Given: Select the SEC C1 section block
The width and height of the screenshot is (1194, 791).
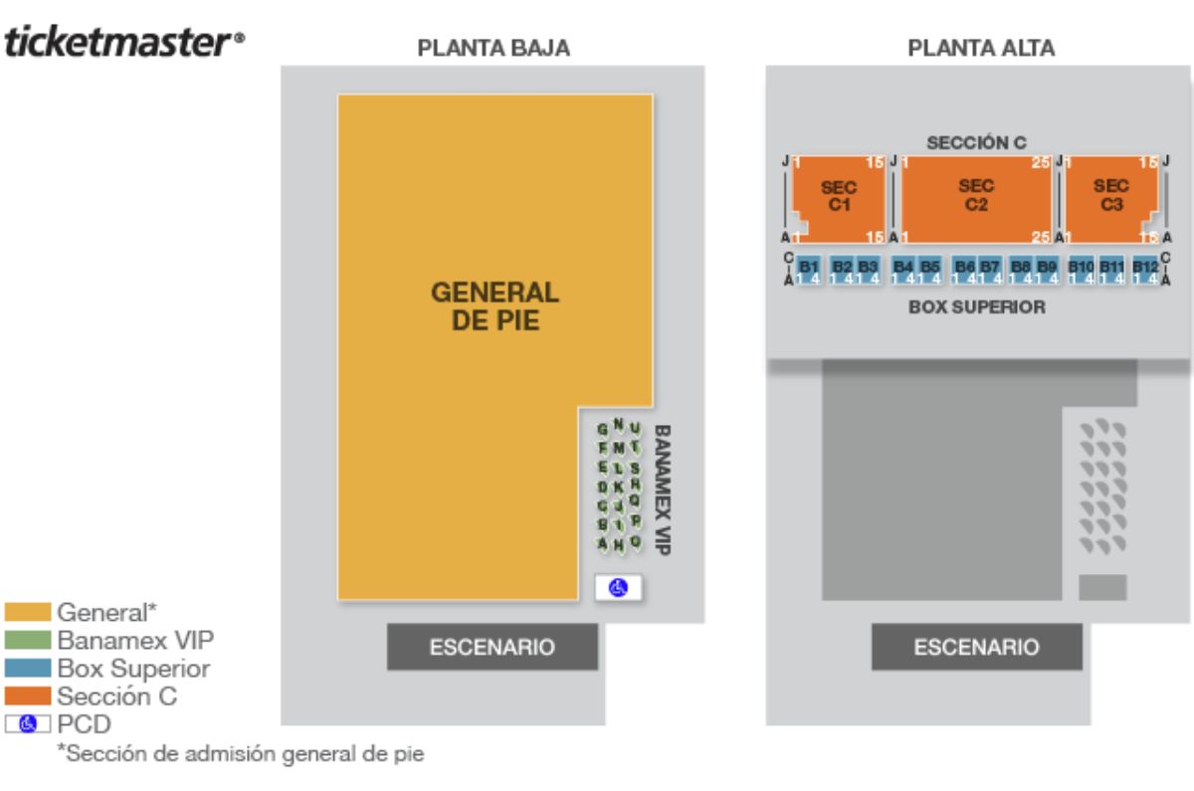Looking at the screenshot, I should pos(838,197).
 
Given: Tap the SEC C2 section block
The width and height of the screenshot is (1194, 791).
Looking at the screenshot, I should pos(976,197).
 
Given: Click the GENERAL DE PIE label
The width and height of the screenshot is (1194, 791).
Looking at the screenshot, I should pos(496,305).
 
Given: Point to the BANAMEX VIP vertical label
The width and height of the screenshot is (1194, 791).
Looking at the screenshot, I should pos(662,484).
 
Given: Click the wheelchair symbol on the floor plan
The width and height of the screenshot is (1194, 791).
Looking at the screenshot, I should pos(618,588).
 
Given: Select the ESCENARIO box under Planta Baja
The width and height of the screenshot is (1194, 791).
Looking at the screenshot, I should pos(492,647).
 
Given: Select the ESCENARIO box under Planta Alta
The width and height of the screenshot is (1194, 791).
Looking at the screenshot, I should pos(977,647).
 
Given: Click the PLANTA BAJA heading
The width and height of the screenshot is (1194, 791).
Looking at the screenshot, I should pos(494,49).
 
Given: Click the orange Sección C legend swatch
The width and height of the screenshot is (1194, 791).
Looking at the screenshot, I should pos(29,697).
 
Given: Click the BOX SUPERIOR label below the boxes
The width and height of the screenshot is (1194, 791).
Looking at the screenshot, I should pos(976,307).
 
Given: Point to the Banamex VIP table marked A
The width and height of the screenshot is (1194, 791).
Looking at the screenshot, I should pos(603,542).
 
